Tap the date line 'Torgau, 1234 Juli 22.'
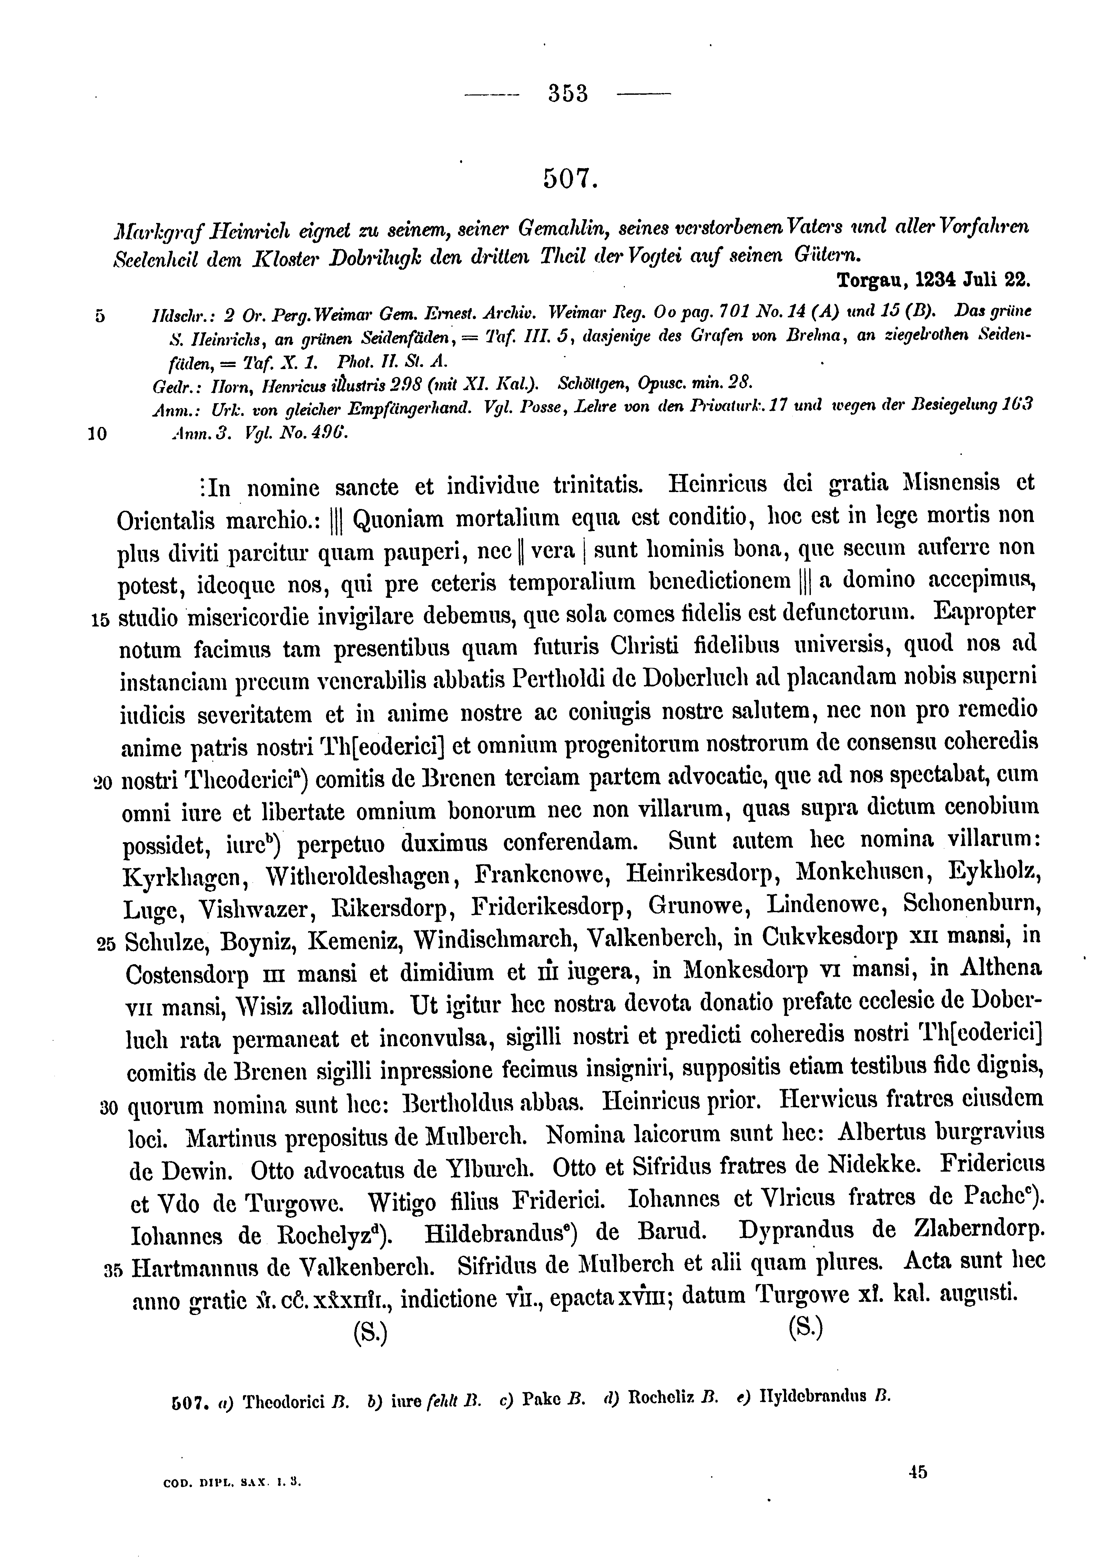pos(934,281)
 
